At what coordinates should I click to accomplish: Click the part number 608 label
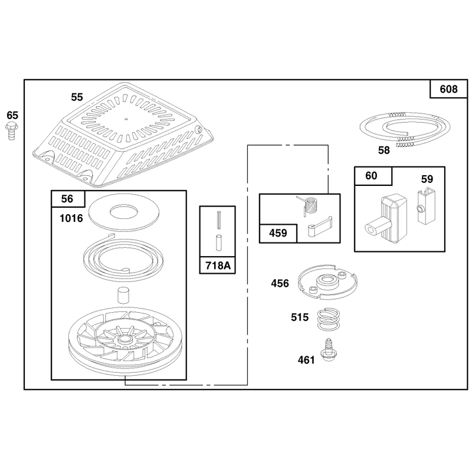click(x=448, y=89)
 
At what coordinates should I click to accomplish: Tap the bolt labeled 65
click(x=11, y=131)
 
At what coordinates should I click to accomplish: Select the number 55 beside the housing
click(x=77, y=97)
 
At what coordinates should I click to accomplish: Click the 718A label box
click(x=218, y=265)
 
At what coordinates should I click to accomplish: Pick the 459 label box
click(x=278, y=233)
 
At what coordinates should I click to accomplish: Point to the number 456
click(x=280, y=283)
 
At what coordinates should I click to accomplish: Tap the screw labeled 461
click(x=329, y=350)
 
